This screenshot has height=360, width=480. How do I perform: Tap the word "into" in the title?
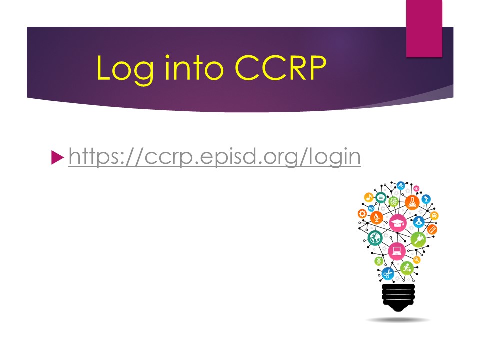(194, 68)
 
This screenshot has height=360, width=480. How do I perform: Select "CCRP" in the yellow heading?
(280, 68)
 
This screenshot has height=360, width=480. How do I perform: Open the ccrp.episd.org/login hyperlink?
(214, 156)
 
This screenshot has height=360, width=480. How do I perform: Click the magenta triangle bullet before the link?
(57, 157)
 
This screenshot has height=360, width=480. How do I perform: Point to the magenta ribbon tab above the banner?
(424, 28)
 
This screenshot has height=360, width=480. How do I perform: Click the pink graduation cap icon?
(398, 223)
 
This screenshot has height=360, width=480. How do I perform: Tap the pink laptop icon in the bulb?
(397, 251)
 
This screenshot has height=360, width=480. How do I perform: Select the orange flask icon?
(412, 202)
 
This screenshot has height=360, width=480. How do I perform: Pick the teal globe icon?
(375, 238)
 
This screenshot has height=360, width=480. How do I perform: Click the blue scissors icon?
(388, 273)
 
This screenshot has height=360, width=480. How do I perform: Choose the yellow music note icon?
(369, 197)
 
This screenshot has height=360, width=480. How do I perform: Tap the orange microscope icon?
(377, 218)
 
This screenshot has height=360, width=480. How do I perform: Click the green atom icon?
(393, 201)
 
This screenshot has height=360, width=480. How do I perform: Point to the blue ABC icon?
(400, 186)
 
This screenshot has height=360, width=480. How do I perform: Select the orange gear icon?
(362, 213)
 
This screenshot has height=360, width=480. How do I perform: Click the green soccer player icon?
(407, 268)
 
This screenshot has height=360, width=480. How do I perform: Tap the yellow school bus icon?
(434, 216)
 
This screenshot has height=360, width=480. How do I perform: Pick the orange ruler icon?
(432, 229)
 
